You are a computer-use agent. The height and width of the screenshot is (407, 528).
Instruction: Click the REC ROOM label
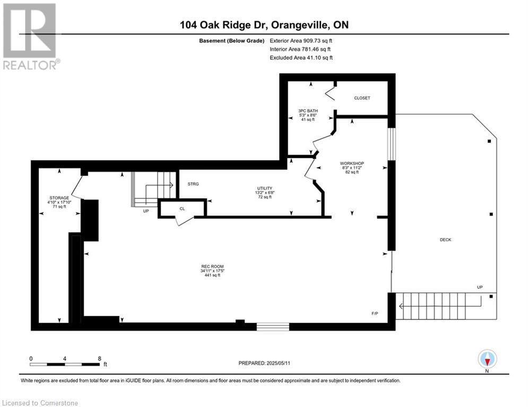point(212,267)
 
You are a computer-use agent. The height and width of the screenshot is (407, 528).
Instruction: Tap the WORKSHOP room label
point(352,163)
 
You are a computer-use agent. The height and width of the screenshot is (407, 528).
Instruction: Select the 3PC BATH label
point(308,111)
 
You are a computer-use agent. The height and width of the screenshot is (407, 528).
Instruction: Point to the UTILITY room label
point(265,188)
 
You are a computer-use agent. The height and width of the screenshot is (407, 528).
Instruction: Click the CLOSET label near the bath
point(362,98)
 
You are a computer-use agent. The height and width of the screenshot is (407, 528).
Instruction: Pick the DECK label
point(446,240)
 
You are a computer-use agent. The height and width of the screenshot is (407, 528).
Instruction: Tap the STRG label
point(193,184)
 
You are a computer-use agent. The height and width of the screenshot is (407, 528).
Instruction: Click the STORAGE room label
point(59,198)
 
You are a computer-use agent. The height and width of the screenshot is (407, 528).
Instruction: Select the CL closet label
point(182,209)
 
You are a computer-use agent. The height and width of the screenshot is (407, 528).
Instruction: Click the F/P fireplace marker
point(375,314)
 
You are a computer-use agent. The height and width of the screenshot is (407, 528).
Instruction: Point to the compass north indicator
point(487,360)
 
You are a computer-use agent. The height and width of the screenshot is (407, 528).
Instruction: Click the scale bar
point(65,364)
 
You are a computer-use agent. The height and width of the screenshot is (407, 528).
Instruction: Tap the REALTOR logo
point(30,37)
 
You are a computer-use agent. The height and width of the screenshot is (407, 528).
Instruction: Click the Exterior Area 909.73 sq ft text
point(301,41)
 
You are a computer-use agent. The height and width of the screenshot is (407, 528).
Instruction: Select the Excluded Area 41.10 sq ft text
point(301,58)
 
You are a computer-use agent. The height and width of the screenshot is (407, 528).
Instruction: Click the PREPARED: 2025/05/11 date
point(264,363)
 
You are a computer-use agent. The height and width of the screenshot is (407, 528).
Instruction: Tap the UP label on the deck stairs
point(480,287)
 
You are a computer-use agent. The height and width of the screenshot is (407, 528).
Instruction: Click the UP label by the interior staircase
point(146,211)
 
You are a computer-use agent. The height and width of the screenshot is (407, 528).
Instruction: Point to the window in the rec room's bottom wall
point(273,326)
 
